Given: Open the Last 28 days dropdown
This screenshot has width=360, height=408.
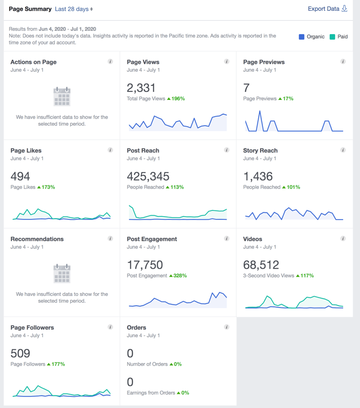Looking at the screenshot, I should (74, 9).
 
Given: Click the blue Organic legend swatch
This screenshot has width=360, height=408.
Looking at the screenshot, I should (302, 37).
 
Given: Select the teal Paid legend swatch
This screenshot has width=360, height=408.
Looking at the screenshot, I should (332, 37).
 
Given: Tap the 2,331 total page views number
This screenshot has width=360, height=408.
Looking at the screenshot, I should (141, 88).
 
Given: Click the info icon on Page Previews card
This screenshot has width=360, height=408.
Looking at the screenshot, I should (343, 61).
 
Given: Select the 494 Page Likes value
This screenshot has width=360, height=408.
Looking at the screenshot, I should (20, 176).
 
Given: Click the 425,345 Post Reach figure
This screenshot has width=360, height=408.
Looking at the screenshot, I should (148, 176).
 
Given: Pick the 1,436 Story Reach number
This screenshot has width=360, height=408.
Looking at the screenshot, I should (258, 176).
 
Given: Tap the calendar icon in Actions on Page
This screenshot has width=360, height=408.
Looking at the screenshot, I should (62, 97).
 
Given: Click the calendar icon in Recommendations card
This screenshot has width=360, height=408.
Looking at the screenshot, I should (62, 273).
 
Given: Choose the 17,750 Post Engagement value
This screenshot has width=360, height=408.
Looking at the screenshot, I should (145, 265).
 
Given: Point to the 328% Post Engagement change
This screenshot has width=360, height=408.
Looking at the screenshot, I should (180, 276).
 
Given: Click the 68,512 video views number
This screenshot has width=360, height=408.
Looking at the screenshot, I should (261, 265).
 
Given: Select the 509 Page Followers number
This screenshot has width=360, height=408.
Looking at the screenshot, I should (20, 353).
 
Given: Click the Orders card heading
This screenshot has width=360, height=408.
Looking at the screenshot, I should (136, 327).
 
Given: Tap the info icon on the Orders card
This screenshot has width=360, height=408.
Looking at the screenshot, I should (227, 327).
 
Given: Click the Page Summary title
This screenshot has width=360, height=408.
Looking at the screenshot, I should (30, 9).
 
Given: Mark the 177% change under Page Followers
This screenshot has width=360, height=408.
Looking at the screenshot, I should (58, 364).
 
